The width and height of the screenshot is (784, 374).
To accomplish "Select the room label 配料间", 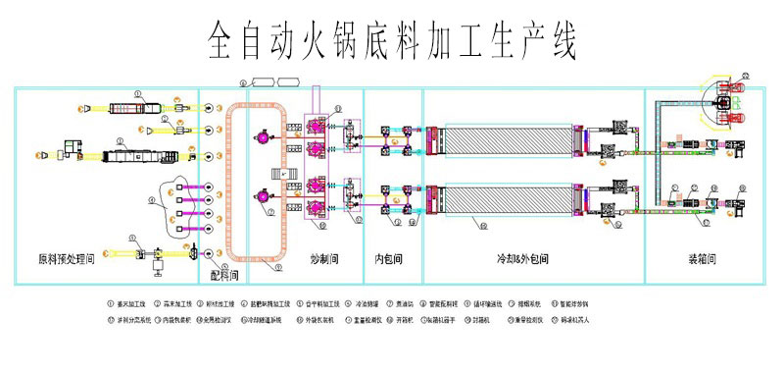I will click(x=224, y=278).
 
